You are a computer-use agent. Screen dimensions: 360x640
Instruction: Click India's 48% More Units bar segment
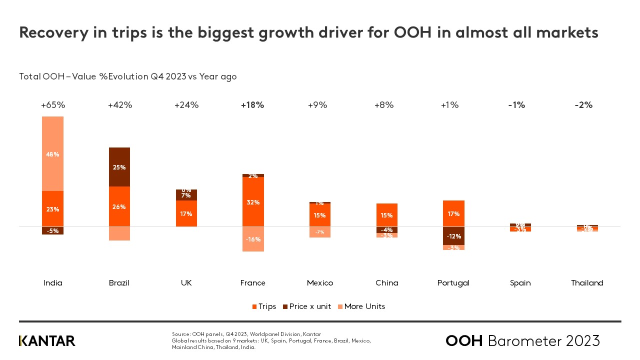52,154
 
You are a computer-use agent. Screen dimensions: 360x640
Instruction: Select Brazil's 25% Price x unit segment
119,167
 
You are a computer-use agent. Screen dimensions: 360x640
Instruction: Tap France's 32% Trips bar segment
253,202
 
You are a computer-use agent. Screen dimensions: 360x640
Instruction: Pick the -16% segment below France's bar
253,239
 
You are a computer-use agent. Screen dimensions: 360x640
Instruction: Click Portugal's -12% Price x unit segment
453,236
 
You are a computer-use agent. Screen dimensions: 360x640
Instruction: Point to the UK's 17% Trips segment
186,213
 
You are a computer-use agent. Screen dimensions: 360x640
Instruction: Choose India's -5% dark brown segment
52,230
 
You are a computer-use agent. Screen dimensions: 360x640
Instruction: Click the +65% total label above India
53,105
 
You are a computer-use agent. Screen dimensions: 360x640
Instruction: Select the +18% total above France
252,105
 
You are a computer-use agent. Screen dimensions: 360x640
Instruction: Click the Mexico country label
320,283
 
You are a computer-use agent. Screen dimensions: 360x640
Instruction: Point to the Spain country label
520,283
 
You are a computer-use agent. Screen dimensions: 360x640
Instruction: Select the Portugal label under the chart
453,283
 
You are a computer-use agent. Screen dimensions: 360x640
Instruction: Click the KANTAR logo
47,341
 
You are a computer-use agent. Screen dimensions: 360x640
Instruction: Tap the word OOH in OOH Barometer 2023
464,341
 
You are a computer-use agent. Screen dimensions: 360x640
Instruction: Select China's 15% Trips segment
386,215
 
